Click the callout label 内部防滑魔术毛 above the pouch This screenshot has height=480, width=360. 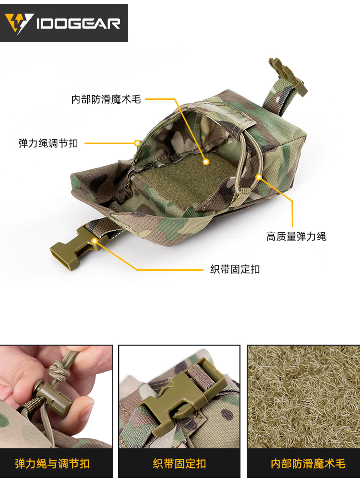106,99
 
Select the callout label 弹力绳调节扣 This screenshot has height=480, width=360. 48,143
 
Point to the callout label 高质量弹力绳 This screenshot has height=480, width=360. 296,236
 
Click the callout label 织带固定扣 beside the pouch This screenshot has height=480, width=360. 235,269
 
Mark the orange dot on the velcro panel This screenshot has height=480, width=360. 206,162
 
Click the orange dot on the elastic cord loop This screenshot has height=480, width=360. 258,177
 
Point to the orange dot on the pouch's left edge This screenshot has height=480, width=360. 137,143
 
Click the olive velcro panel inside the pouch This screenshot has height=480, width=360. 187,173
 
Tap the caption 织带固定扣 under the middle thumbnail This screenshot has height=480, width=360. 180,464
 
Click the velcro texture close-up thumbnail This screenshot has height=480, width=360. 303,396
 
